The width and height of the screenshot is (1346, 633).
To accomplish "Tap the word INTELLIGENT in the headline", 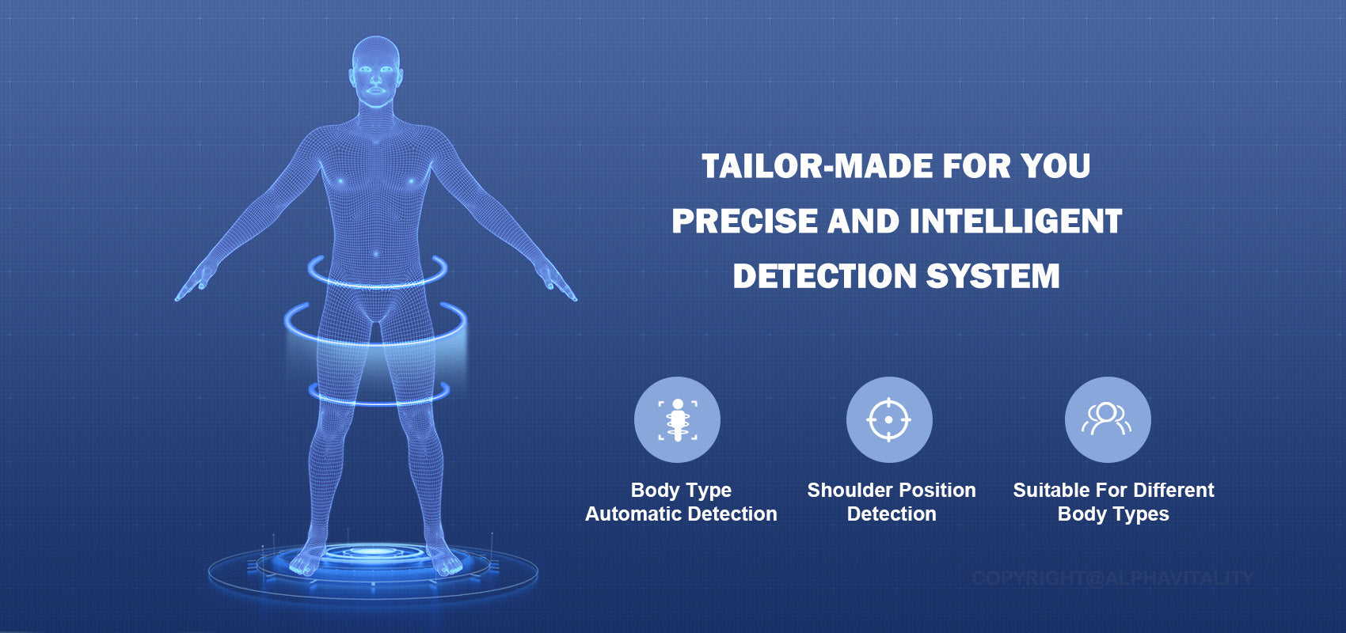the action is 1016,221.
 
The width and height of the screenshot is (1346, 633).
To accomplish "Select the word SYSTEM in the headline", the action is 993,276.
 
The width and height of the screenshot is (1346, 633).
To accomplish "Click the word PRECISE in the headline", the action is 744,221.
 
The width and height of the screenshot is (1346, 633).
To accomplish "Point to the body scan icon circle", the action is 677,420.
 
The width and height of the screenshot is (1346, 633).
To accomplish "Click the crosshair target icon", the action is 888,420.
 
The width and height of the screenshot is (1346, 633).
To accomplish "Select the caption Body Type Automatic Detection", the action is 681,502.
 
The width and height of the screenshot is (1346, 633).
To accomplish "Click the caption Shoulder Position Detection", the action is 891,502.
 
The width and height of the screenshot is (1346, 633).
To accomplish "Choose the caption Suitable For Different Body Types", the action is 1113,502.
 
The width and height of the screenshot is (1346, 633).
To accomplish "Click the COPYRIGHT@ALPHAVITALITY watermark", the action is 1113,578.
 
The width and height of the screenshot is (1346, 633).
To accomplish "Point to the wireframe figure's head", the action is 375,71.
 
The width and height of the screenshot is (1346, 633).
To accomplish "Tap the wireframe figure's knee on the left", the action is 333,420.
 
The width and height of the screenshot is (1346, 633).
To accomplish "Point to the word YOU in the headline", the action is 1055,166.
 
